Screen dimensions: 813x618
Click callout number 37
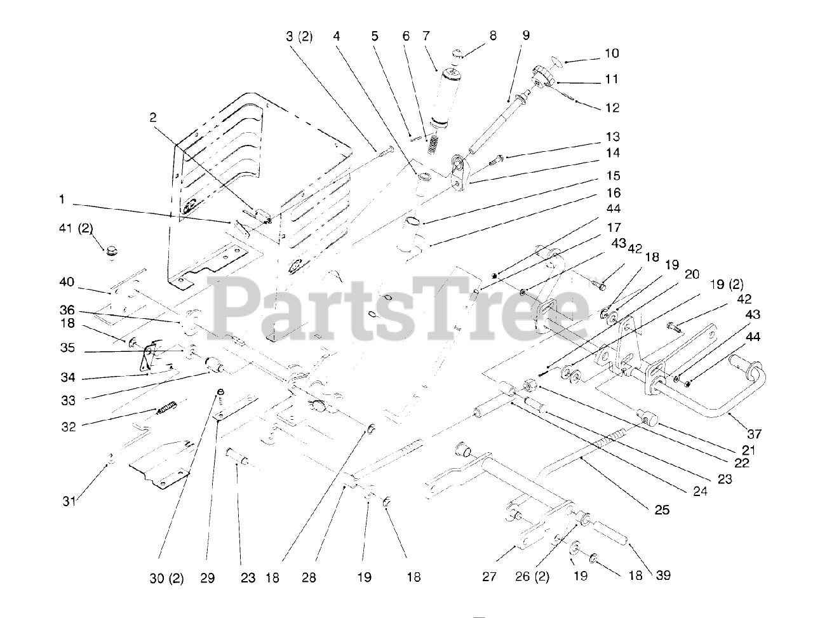click(x=753, y=434)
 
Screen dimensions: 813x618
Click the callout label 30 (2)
click(x=166, y=578)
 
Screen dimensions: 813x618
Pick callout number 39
click(x=663, y=575)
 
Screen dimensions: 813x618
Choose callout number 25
click(x=662, y=509)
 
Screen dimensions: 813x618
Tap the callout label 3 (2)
click(x=299, y=36)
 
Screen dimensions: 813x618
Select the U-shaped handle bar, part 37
click(x=730, y=387)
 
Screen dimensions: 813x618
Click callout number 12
click(x=612, y=108)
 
